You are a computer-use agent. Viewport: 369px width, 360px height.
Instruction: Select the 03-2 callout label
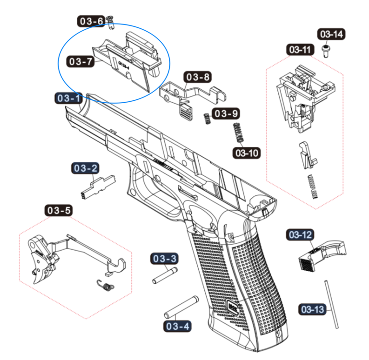click(86, 168)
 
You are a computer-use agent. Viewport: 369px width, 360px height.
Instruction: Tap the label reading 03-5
click(59, 210)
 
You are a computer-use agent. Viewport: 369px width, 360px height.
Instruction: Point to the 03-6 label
click(91, 21)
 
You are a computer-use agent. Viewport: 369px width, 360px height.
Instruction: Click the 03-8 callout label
click(198, 77)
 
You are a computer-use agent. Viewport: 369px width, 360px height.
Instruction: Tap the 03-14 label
click(331, 35)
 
